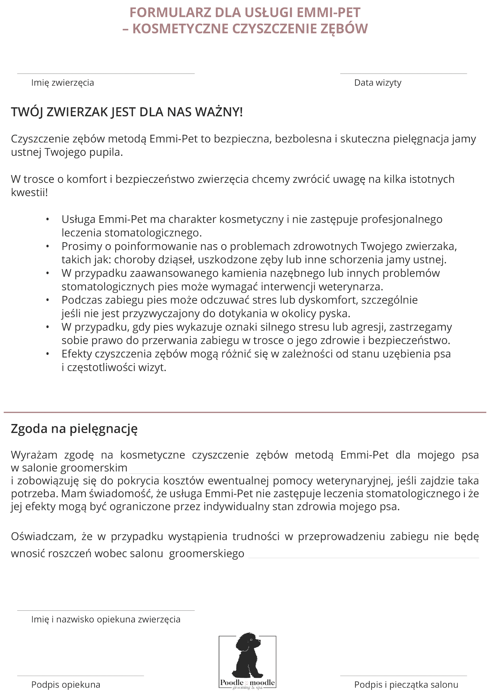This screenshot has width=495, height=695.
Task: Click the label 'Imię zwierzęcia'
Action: coord(62,83)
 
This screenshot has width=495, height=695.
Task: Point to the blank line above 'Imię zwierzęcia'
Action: coord(106,74)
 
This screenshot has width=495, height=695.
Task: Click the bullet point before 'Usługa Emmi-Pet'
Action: coord(47,219)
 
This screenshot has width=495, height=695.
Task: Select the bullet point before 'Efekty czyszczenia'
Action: coord(47,354)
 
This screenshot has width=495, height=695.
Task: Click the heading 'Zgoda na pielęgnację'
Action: coord(74,429)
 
